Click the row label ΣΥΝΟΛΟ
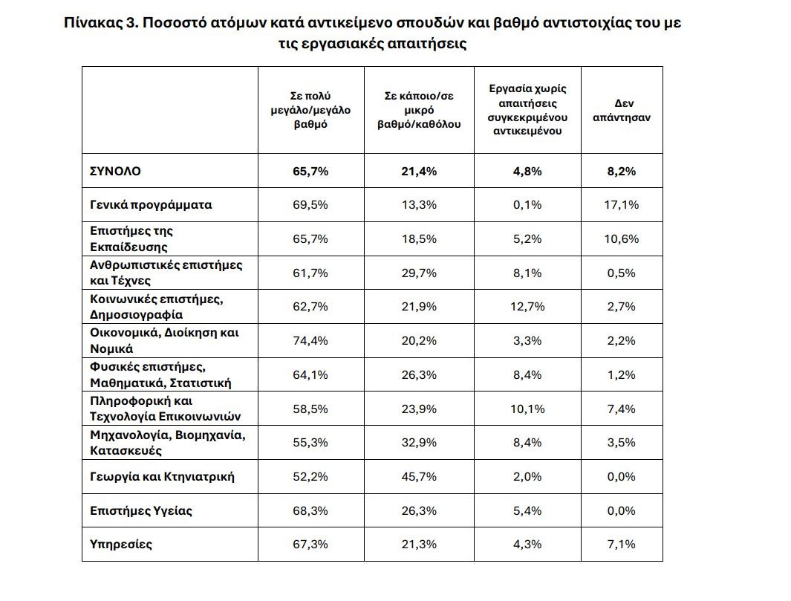pyautogui.click(x=114, y=171)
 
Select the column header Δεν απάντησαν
pyautogui.click(x=621, y=111)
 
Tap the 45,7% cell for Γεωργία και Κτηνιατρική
pyautogui.click(x=419, y=476)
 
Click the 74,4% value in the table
pyautogui.click(x=310, y=341)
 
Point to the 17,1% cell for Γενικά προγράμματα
pyautogui.click(x=621, y=205)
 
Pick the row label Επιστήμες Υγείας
pyautogui.click(x=131, y=510)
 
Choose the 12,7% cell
pyautogui.click(x=527, y=307)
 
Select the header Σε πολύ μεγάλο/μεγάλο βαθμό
pyautogui.click(x=310, y=111)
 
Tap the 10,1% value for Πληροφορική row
pyautogui.click(x=527, y=409)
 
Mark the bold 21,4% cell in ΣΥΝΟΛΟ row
pyautogui.click(x=419, y=171)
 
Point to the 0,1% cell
pyautogui.click(x=527, y=205)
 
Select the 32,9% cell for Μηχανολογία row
pyautogui.click(x=419, y=443)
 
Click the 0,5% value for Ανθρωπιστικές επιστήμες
pyautogui.click(x=621, y=273)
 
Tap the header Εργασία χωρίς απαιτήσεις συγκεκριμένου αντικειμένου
pyautogui.click(x=527, y=110)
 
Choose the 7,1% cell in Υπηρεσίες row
pyautogui.click(x=621, y=544)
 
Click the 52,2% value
pyautogui.click(x=310, y=476)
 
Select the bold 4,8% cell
pyautogui.click(x=527, y=171)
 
